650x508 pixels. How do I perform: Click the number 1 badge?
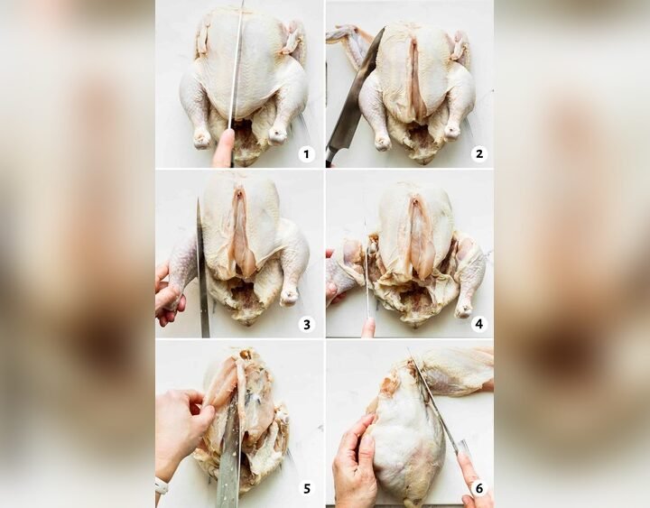coord(306,154)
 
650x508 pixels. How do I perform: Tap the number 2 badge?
coord(478,154)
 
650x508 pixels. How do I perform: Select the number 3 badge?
coord(306,324)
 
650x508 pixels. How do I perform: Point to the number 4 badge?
coord(478,324)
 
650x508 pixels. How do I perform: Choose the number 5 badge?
coord(306,488)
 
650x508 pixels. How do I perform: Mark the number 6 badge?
coord(478,488)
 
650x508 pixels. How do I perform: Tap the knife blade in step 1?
coord(237,63)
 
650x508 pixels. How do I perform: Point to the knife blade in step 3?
coord(202,271)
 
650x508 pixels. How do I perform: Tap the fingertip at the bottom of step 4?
coord(368,327)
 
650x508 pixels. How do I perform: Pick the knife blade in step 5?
coord(229,460)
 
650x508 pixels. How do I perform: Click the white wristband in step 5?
coord(161,486)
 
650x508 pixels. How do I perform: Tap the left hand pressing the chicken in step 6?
coord(356,465)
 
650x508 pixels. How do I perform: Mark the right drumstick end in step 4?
coord(464,309)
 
